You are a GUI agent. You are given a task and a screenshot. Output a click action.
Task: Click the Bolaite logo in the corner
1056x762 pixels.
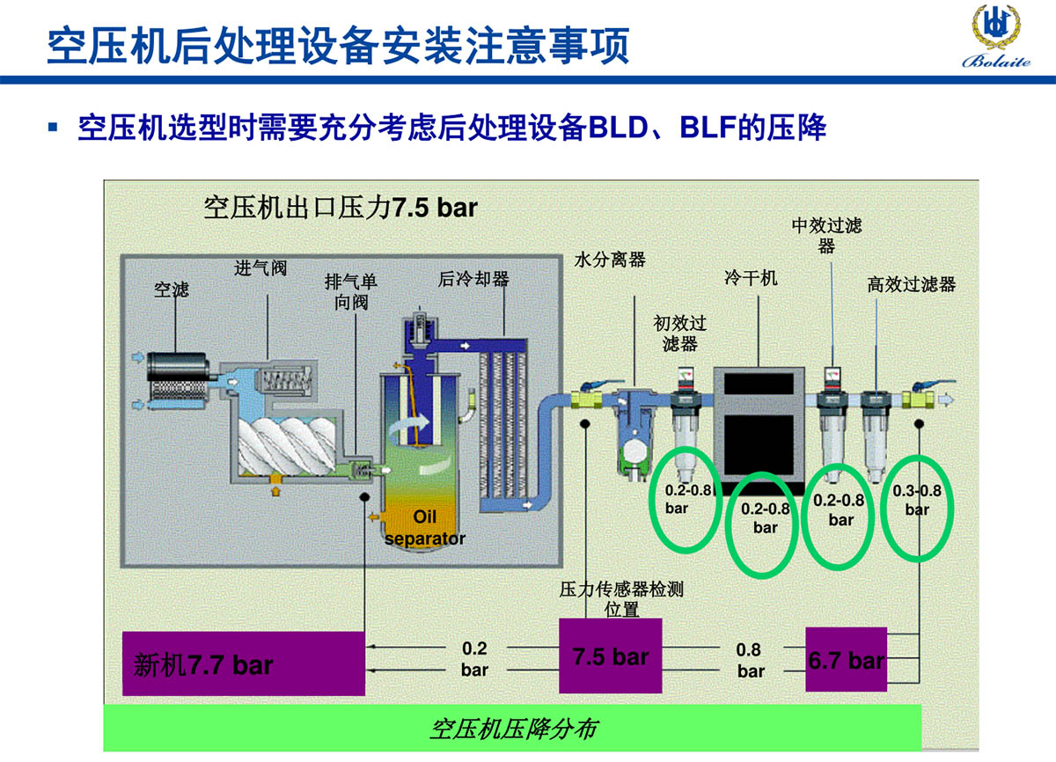995,35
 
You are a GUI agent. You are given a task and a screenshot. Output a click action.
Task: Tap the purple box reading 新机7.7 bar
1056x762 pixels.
243,663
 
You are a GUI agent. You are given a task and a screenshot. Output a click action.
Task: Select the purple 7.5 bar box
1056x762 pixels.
611,656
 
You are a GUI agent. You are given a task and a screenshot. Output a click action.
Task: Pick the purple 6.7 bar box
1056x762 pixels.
847,659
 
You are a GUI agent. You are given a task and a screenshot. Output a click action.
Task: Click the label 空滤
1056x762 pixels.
172,289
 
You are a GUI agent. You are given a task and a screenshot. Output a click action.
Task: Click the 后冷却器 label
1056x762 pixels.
473,279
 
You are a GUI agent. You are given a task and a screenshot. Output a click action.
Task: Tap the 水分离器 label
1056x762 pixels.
610,260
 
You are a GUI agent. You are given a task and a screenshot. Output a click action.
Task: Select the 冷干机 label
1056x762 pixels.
751,279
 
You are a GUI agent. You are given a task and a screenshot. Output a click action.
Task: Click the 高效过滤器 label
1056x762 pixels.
911,284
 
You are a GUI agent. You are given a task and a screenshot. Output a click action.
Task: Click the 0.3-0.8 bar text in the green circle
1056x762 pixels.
917,500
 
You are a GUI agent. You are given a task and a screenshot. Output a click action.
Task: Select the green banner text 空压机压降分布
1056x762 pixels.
514,729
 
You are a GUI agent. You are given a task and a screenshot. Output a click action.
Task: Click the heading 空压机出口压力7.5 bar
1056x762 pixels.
341,208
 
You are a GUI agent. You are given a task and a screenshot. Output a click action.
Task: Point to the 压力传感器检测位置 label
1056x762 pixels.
621,598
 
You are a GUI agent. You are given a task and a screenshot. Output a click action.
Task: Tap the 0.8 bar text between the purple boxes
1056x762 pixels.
750,660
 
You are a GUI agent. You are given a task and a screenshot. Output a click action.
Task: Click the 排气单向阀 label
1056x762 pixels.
351,291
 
